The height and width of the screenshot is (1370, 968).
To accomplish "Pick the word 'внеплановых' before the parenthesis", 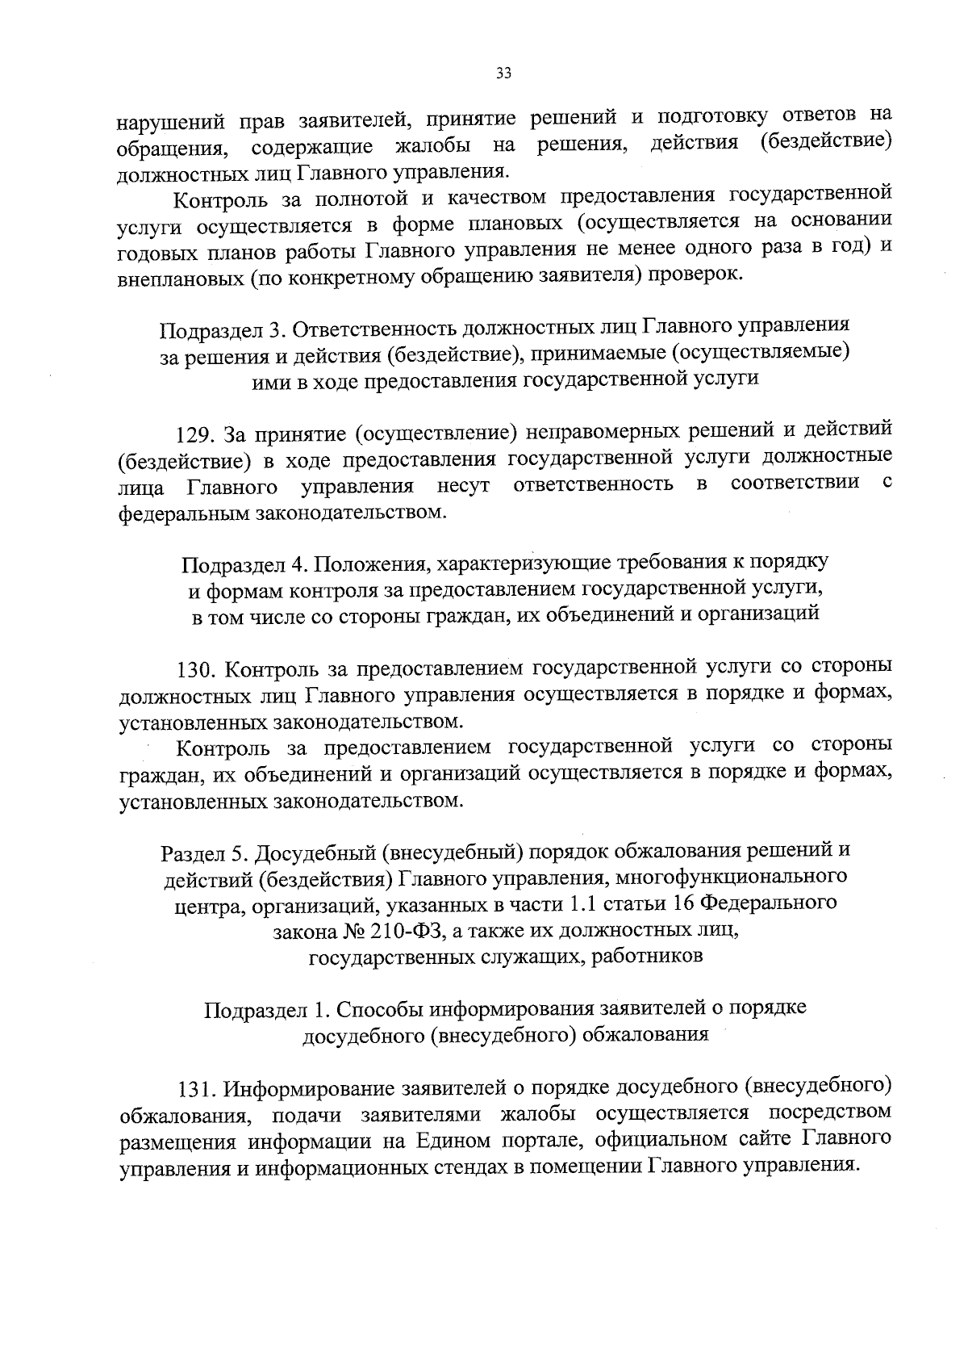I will pyautogui.click(x=180, y=277).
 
